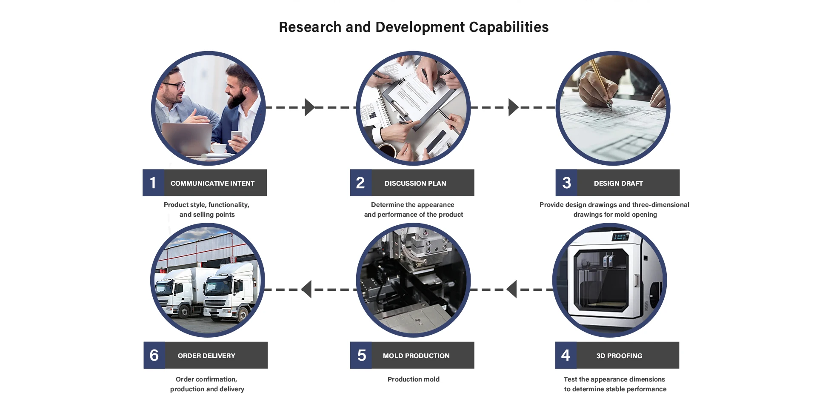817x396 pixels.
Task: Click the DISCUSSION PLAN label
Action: [x=415, y=183]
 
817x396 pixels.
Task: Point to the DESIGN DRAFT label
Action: [x=618, y=183]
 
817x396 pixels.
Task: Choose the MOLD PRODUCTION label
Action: [x=416, y=356]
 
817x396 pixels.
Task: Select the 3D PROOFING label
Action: [x=619, y=356]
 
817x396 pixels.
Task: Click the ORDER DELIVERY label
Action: [x=206, y=356]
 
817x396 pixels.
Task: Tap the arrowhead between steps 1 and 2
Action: [x=309, y=107]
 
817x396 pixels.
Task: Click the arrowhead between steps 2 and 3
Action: [x=513, y=107]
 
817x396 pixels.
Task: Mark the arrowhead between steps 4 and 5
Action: [x=511, y=289]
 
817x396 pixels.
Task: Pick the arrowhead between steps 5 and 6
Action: [x=307, y=289]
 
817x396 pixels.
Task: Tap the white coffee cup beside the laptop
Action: [x=219, y=148]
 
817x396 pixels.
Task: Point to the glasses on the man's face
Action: [x=174, y=85]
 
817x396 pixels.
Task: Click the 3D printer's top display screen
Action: [x=621, y=236]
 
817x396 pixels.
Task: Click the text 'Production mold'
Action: [x=413, y=379]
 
